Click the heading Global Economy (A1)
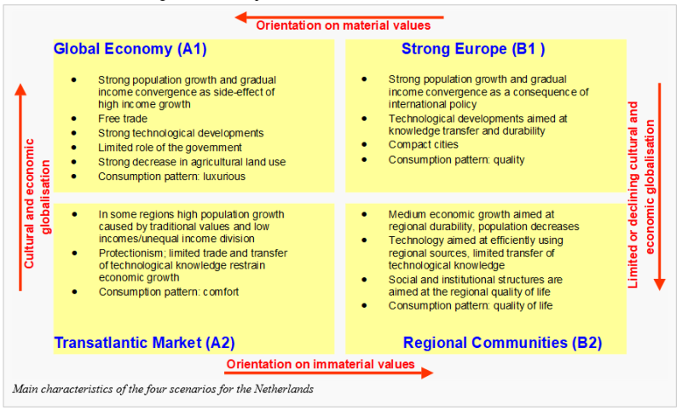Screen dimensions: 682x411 (x=130, y=49)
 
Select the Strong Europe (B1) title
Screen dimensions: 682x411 (x=473, y=49)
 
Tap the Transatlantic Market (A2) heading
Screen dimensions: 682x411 (x=144, y=343)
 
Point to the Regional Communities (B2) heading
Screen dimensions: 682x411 (x=502, y=343)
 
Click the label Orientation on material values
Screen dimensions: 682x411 (x=344, y=26)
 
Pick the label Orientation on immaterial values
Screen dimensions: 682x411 (x=321, y=364)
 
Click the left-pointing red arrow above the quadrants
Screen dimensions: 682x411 (x=339, y=17)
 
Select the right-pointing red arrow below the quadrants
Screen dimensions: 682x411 (x=329, y=373)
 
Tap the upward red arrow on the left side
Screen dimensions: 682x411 (x=20, y=187)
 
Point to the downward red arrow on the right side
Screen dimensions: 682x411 (x=659, y=187)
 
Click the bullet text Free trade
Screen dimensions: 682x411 (x=123, y=119)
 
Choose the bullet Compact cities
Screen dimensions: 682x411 (x=423, y=144)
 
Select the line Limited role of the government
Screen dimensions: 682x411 (x=170, y=148)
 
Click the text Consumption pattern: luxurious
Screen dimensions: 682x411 (x=171, y=177)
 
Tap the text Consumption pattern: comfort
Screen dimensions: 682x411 (x=169, y=292)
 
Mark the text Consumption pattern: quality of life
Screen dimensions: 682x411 (x=471, y=306)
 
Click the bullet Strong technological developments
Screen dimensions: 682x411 (x=181, y=133)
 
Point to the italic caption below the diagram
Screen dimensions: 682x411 (x=163, y=389)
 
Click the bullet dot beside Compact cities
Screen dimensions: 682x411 (x=364, y=144)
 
